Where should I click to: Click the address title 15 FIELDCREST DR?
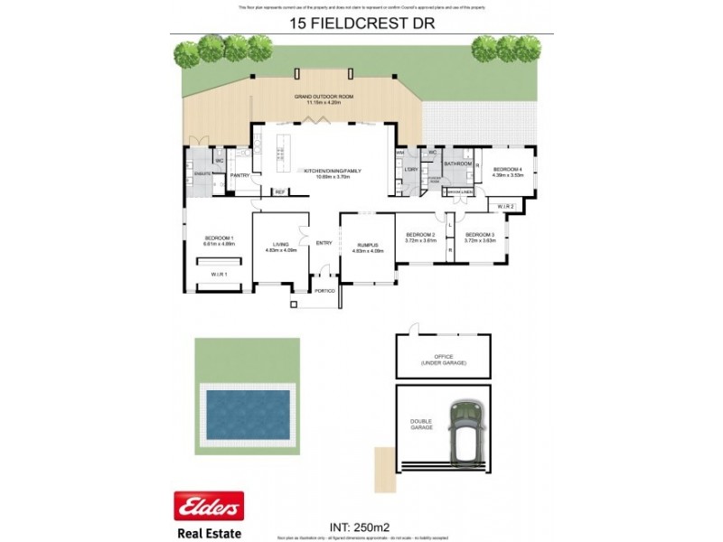pyautogui.click(x=361, y=23)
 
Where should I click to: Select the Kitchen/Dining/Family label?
pyautogui.click(x=325, y=172)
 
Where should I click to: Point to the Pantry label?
pyautogui.click(x=239, y=175)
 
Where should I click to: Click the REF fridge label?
pyautogui.click(x=279, y=192)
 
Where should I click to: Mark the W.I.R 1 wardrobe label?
pyautogui.click(x=218, y=275)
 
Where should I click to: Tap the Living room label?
pyautogui.click(x=281, y=246)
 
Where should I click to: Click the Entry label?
pyautogui.click(x=324, y=242)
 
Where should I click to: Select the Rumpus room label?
pyautogui.click(x=366, y=246)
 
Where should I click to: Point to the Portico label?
pyautogui.click(x=324, y=290)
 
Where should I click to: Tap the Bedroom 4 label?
pyautogui.click(x=508, y=172)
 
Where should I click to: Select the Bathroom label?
pyautogui.click(x=457, y=164)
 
